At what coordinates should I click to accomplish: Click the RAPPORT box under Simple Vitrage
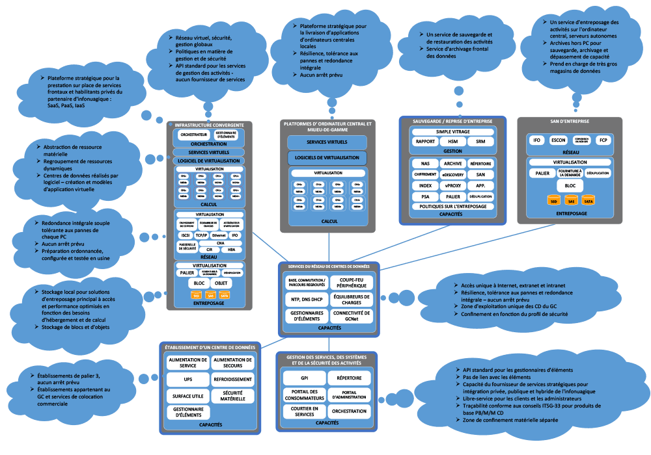pos(425,141)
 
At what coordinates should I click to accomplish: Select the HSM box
pos(453,141)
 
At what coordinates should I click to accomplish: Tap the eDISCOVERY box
pos(452,174)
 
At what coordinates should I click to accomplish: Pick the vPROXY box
pos(452,185)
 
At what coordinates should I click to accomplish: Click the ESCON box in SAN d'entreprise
pos(558,140)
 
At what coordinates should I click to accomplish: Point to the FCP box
pos(603,140)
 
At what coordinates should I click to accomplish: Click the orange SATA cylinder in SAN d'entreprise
pos(588,201)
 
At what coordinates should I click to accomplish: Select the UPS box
pos(187,379)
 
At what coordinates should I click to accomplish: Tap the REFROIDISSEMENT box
pos(232,379)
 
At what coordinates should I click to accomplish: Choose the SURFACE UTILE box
pos(187,395)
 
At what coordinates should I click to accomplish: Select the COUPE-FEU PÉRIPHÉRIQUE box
pos(352,282)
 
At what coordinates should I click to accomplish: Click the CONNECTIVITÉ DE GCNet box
pos(352,315)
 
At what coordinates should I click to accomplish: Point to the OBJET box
pos(221,283)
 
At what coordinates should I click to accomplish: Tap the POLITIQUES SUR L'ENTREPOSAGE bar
pos(452,206)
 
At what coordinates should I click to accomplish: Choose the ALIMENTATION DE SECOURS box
pos(232,363)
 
